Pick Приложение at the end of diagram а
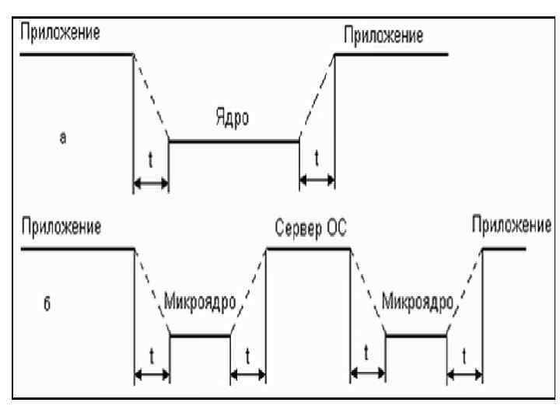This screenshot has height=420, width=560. point(382,36)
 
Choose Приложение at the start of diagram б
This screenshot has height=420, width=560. point(61,230)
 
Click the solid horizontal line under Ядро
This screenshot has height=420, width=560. point(233,142)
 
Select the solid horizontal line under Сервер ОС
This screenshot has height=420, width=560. point(306,248)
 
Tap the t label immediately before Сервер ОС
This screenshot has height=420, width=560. point(247,355)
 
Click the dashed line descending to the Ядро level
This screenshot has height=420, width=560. point(151,97)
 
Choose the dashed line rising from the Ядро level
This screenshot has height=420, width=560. point(317,97)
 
